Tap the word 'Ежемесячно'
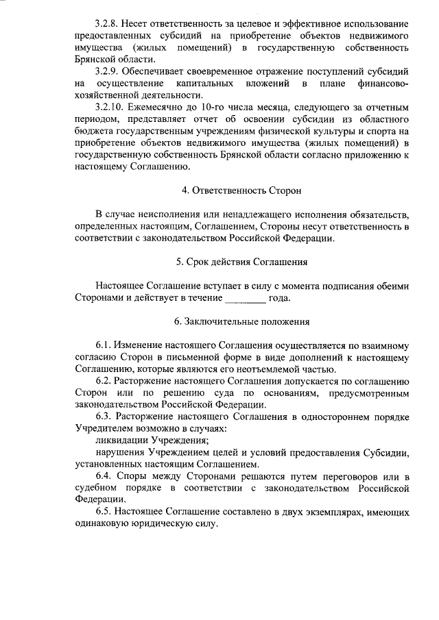pyautogui.click(x=157, y=108)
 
